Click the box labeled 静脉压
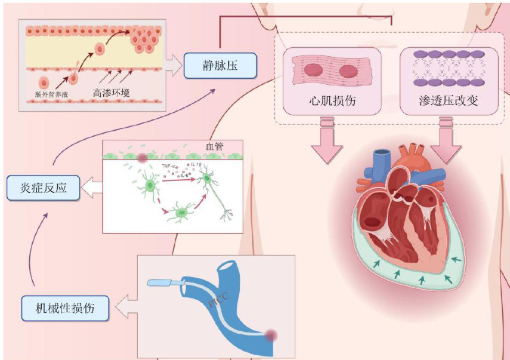[221, 66]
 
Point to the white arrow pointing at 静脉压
[172, 65]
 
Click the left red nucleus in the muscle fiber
[314, 71]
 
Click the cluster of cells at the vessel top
[144, 38]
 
